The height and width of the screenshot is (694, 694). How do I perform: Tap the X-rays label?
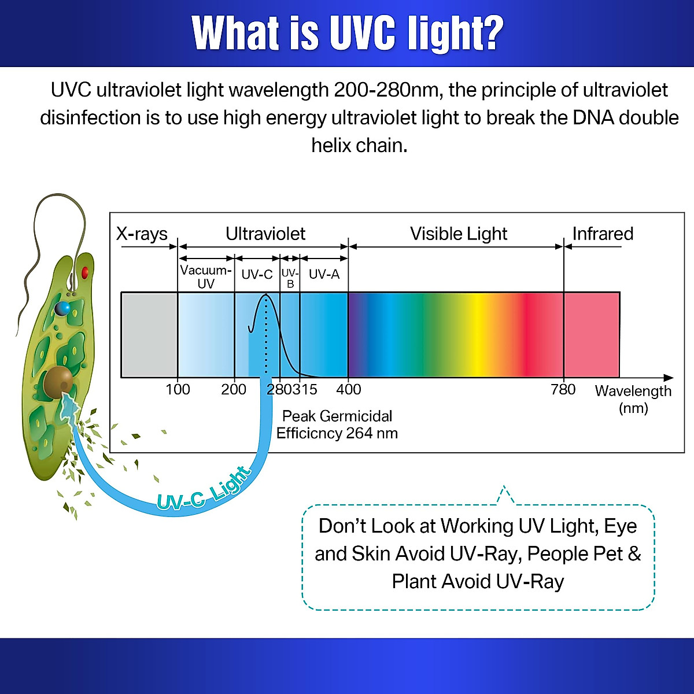[x=142, y=234]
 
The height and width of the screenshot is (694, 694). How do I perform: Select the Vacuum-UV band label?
[x=206, y=276]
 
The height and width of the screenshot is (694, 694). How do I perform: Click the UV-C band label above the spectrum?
[x=257, y=274]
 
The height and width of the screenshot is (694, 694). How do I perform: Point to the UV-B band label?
[x=290, y=278]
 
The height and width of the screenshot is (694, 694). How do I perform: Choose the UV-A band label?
[x=324, y=274]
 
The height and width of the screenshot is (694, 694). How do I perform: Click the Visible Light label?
[x=458, y=234]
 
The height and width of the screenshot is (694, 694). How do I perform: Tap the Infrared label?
[x=603, y=234]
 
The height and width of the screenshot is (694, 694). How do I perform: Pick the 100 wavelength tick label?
[x=178, y=389]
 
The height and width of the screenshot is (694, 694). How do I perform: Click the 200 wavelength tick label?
[x=234, y=389]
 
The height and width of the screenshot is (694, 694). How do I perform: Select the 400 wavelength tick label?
[x=348, y=389]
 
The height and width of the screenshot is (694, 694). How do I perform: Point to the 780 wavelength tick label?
[x=563, y=389]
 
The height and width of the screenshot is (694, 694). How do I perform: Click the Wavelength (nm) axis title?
[x=633, y=399]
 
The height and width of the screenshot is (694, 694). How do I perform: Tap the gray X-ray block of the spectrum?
[x=149, y=335]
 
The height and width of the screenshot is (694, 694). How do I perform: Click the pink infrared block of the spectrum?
[x=591, y=335]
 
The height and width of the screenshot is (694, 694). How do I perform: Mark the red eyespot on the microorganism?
[x=85, y=272]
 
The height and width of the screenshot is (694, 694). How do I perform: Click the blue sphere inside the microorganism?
[x=62, y=308]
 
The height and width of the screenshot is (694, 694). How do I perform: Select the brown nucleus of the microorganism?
[x=58, y=381]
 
